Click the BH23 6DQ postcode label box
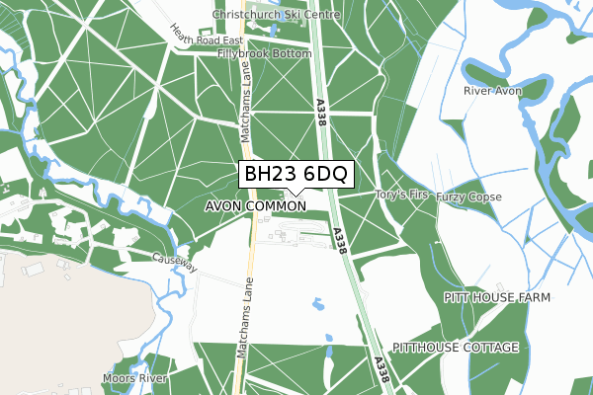(x=295, y=174)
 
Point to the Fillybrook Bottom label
(x=265, y=53)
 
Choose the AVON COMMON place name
(x=256, y=206)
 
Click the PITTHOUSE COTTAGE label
(x=456, y=349)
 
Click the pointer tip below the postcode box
(x=295, y=196)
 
